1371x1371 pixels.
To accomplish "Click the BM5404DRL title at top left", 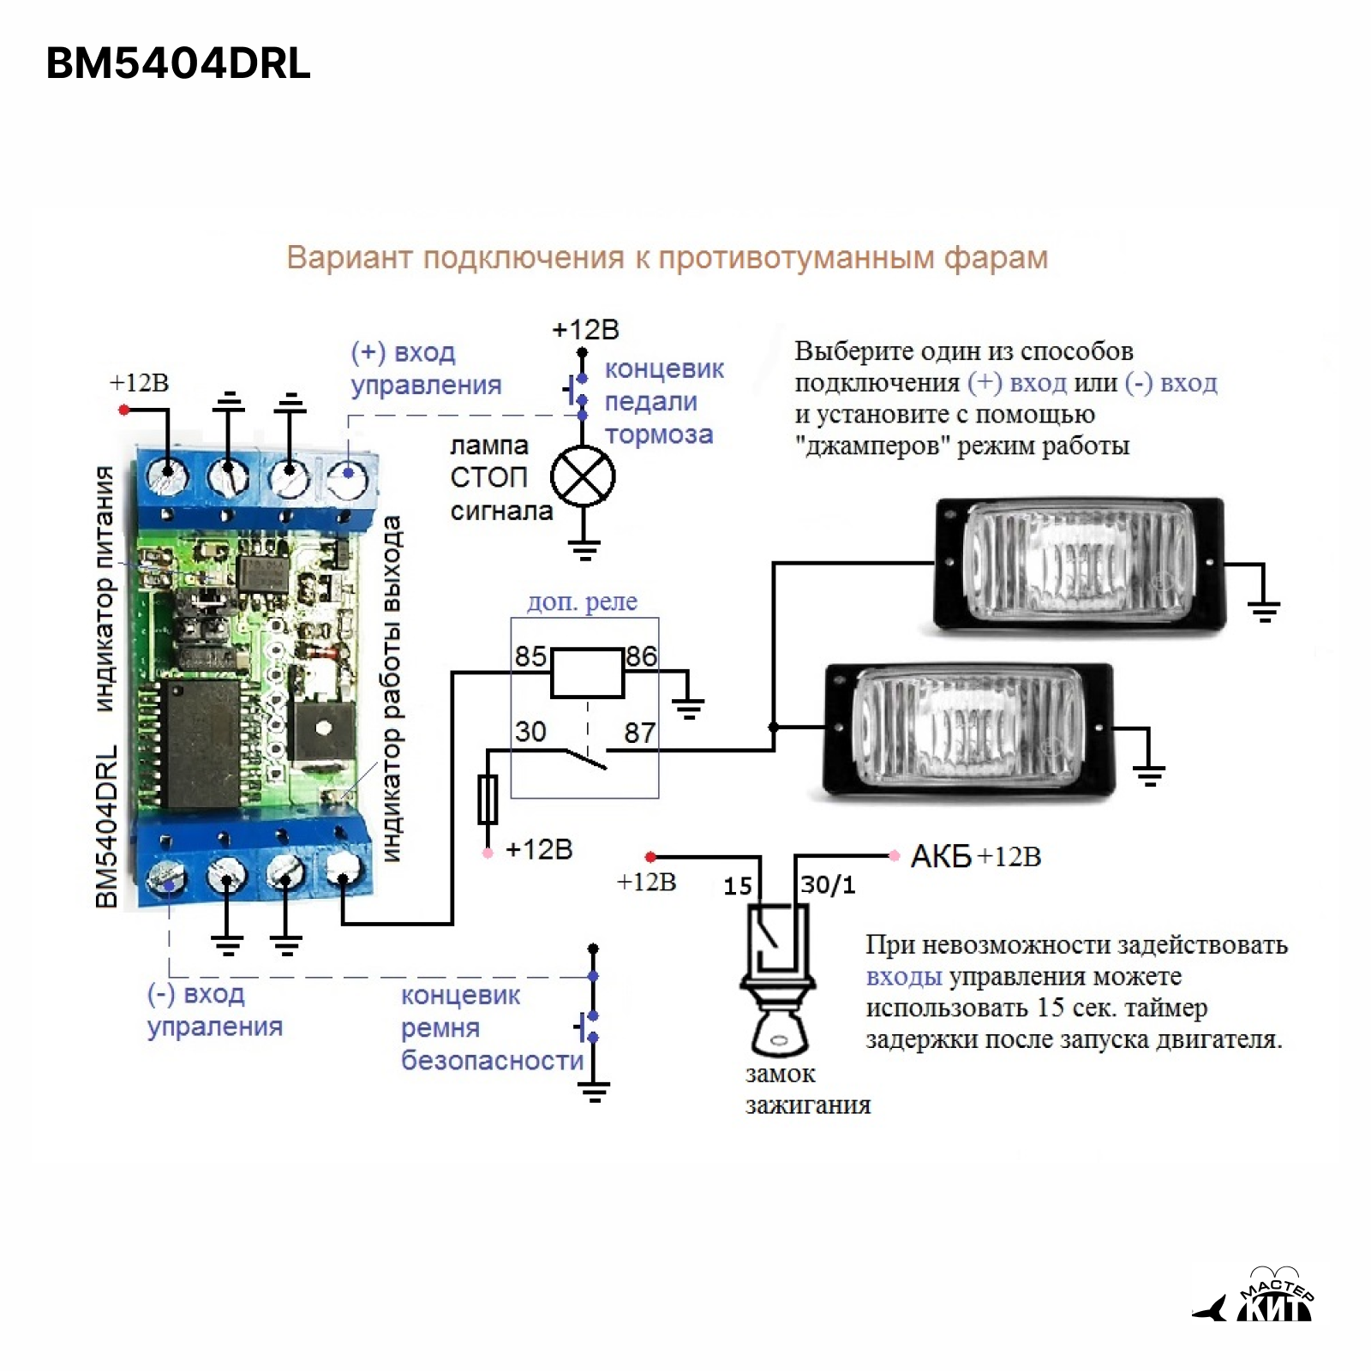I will point(177,63).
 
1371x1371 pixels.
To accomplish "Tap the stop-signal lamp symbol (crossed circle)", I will point(583,476).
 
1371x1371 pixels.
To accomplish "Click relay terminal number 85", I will point(530,656).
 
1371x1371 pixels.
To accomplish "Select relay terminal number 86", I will point(641,656).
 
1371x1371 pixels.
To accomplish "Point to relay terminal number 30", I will point(530,731).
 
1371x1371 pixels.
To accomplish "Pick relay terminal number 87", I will point(639,733).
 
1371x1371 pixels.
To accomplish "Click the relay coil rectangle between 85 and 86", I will point(587,673).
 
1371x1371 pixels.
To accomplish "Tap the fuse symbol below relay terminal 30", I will point(488,799).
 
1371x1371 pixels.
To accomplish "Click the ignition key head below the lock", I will point(779,1033).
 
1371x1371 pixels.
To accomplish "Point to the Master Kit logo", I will point(1255,1298).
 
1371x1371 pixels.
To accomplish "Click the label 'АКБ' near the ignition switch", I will point(941,856).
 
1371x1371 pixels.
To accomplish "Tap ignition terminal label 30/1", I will point(828,884).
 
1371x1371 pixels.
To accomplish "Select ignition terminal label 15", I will point(738,886).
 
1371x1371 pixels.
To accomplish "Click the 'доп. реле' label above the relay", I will point(582,602).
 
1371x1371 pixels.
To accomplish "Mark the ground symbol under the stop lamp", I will point(584,548).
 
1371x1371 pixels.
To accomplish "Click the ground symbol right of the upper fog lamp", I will point(1264,610).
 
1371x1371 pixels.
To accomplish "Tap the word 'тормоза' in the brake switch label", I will point(658,434).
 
